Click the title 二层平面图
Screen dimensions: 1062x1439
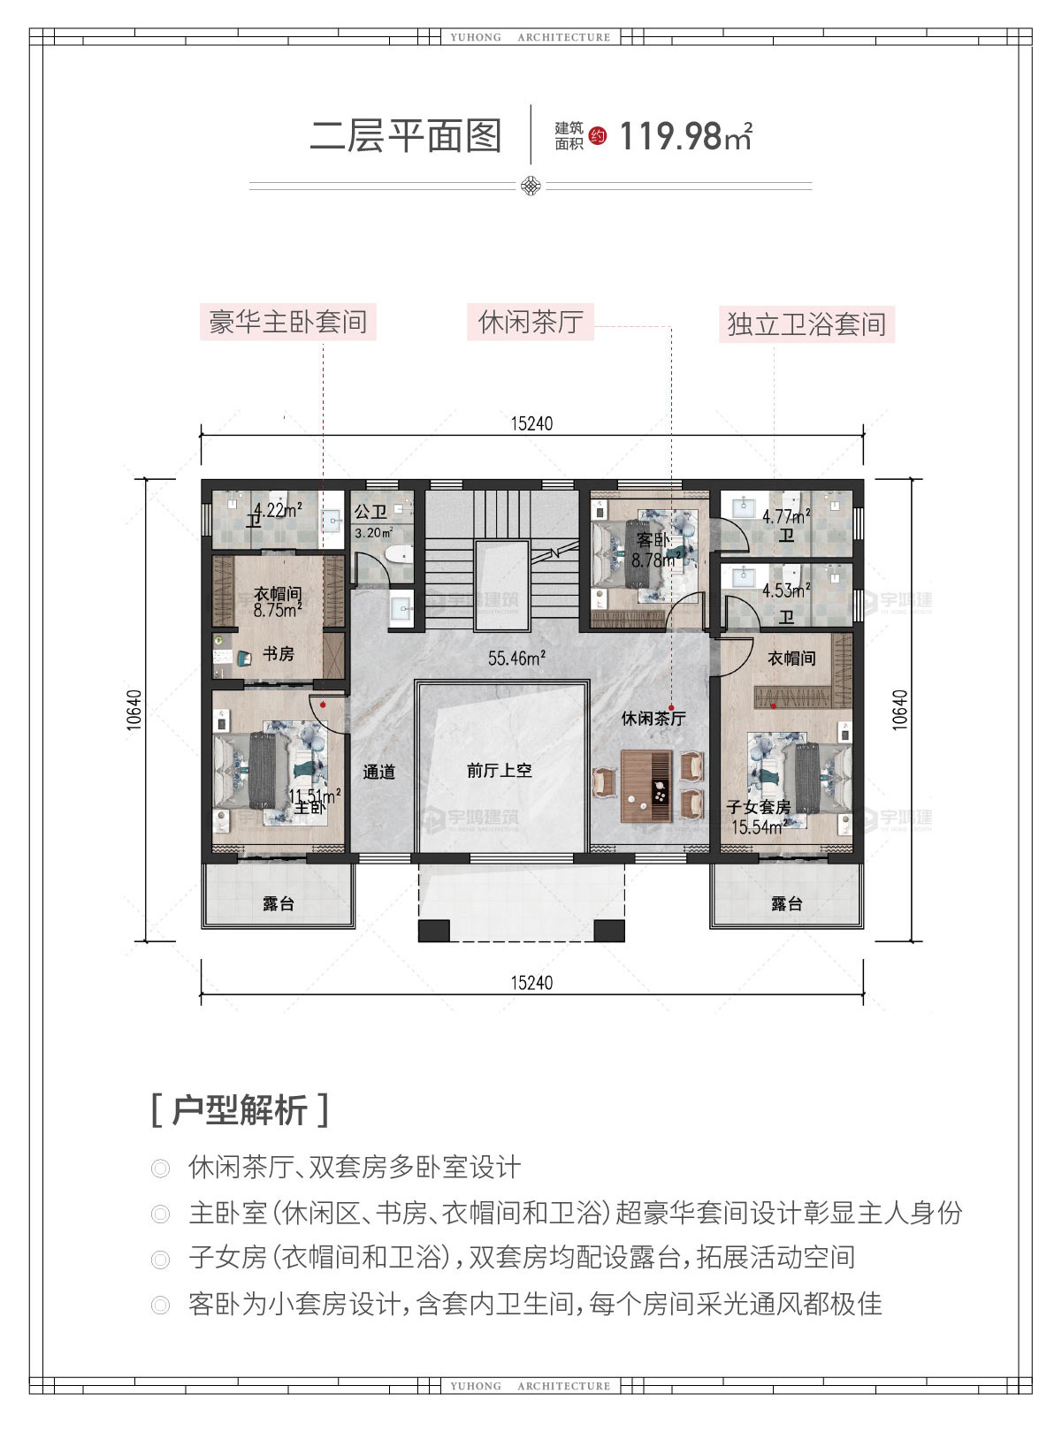[406, 136]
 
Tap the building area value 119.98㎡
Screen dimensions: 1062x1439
[685, 136]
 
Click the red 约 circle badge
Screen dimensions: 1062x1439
[598, 136]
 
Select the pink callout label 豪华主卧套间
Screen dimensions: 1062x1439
[288, 322]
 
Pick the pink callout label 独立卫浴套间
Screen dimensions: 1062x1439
[806, 324]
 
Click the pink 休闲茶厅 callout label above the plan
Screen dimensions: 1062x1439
[531, 322]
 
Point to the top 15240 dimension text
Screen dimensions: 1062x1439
[531, 423]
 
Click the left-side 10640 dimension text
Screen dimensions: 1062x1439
[134, 709]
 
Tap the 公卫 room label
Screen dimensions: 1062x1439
[371, 512]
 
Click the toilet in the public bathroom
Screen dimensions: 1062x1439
[399, 553]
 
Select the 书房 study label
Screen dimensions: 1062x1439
[279, 654]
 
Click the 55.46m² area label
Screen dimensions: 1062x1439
[517, 658]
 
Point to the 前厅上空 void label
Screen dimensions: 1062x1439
[500, 770]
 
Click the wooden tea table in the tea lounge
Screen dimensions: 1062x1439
[646, 786]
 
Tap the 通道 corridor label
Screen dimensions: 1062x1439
[379, 772]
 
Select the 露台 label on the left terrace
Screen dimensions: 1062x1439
[279, 904]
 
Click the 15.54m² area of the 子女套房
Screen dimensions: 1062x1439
[760, 826]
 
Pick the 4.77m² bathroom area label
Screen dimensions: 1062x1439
[786, 515]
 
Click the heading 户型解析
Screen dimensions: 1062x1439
[240, 1111]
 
